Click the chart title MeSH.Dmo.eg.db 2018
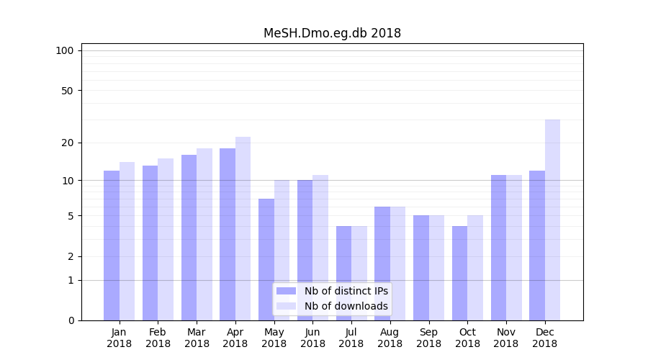[x=332, y=33]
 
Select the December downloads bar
[x=552, y=220]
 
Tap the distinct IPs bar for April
[x=228, y=234]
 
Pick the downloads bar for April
[x=243, y=228]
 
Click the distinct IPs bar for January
[x=112, y=245]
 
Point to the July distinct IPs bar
[x=343, y=273]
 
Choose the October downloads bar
[x=475, y=268]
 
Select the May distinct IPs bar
[x=266, y=259]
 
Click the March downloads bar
[x=204, y=234]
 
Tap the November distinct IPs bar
[x=498, y=247]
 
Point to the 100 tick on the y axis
[x=65, y=50]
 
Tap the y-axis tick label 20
[x=68, y=143]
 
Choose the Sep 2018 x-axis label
[x=428, y=338]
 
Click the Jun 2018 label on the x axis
[x=312, y=338]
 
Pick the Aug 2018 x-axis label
[x=390, y=338]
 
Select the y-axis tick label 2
[x=71, y=256]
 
